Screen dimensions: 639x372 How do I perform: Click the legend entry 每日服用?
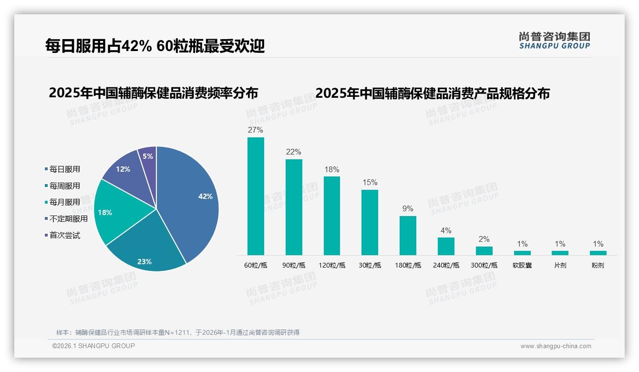coord(65,169)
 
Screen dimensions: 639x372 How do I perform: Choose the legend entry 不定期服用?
coord(69,219)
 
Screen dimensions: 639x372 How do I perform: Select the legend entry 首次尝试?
coord(65,236)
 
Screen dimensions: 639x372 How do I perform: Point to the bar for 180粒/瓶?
coord(408,236)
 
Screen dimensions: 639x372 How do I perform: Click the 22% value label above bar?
coord(293,152)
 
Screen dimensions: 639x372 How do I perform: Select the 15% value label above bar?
coord(370,183)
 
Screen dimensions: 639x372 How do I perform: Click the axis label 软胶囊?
coord(522,265)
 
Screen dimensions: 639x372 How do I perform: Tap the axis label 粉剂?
coord(598,265)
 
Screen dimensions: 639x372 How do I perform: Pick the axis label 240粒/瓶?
coord(446,265)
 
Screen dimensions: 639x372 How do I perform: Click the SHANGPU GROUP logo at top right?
coord(554,41)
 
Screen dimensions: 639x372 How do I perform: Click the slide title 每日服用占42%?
coord(155,46)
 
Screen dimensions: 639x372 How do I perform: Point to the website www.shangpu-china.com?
coord(556,346)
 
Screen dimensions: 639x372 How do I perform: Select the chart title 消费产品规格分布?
coord(432,93)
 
